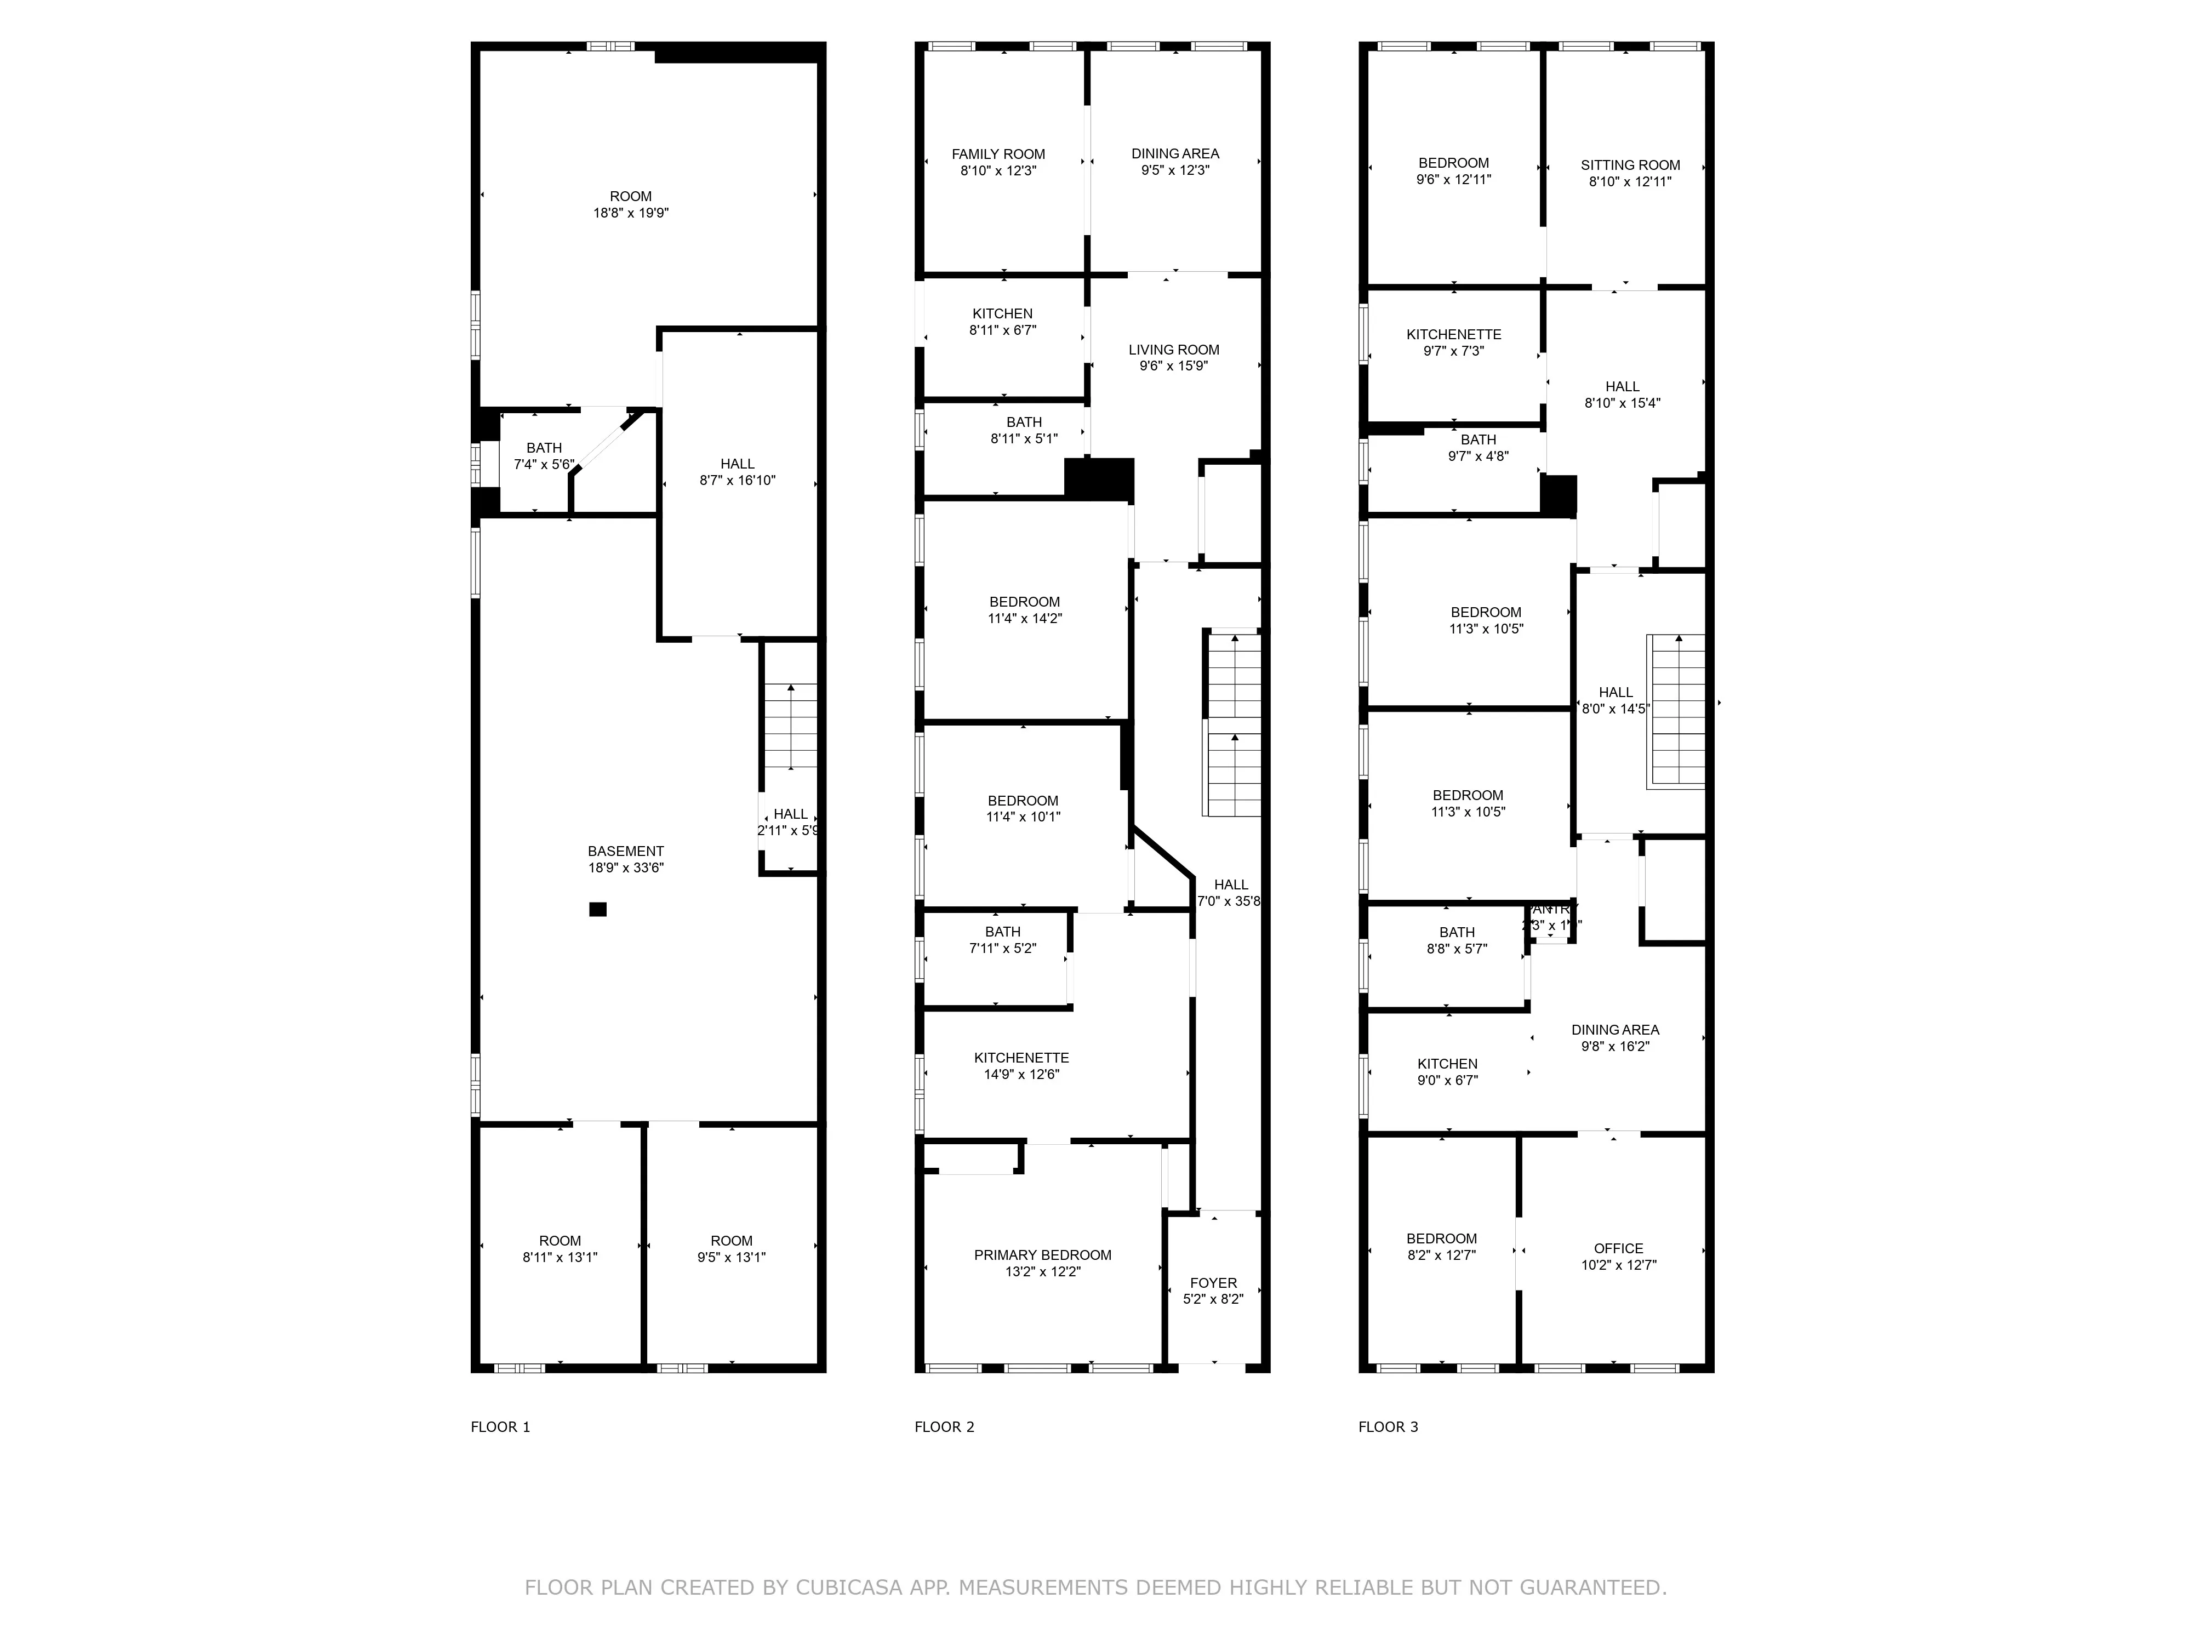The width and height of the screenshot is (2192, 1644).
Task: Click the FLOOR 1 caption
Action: [x=500, y=1427]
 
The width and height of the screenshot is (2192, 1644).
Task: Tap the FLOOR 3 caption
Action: [x=1388, y=1427]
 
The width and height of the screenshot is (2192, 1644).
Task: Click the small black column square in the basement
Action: [x=597, y=909]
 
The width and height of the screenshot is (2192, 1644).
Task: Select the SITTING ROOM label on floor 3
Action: [x=1630, y=173]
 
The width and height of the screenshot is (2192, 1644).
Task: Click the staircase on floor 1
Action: [x=791, y=726]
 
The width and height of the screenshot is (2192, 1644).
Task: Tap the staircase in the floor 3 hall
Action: [x=1676, y=711]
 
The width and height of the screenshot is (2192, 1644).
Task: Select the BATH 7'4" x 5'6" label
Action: [x=544, y=456]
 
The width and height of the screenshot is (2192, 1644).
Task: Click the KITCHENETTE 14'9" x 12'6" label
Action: [x=1021, y=1065]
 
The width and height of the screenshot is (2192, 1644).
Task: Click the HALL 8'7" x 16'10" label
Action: [x=737, y=472]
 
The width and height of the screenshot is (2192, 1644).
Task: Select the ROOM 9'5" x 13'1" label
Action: [x=732, y=1248]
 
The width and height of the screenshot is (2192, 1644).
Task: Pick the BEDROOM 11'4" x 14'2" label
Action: [x=1025, y=609]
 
